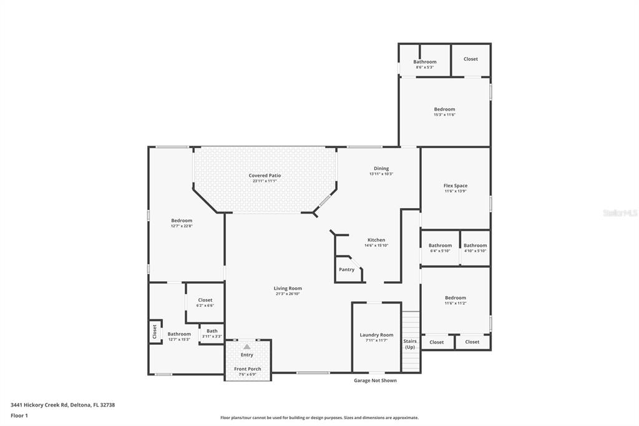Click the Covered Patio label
tap(265, 176)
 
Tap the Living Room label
tap(288, 289)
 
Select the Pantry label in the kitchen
tap(346, 270)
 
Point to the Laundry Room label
tap(376, 335)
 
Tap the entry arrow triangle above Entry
tap(247, 346)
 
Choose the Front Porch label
tap(248, 369)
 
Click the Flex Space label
tap(456, 186)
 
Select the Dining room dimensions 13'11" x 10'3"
tap(381, 174)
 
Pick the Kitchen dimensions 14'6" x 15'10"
tap(376, 245)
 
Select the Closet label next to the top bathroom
tap(471, 59)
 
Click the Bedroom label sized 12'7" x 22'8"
tap(182, 220)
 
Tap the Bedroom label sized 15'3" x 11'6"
tap(445, 109)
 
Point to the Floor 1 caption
tap(19, 415)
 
